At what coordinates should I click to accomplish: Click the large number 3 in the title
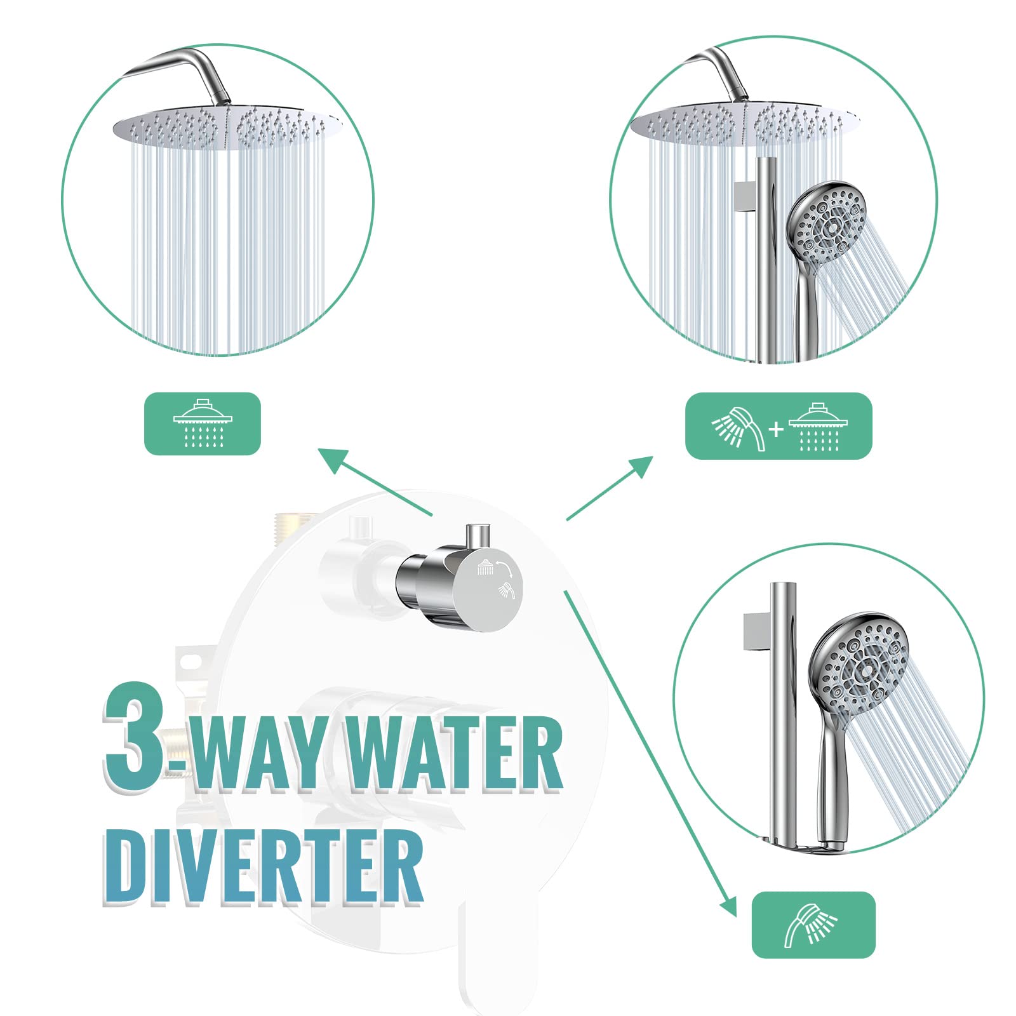click(x=135, y=737)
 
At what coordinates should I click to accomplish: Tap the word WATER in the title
click(x=455, y=754)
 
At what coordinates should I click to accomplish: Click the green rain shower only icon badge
click(x=203, y=424)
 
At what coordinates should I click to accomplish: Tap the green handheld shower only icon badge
click(x=813, y=925)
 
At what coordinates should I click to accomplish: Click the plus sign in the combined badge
click(x=776, y=430)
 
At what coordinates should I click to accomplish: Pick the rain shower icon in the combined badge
click(x=819, y=427)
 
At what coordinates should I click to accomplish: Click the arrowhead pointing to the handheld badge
click(x=729, y=907)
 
